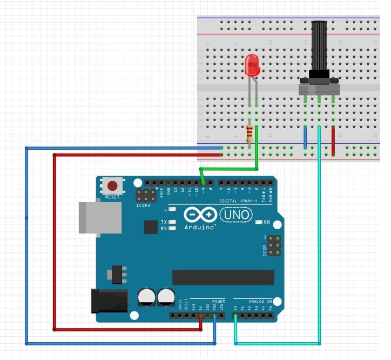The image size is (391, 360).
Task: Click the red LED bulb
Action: pos(252,65)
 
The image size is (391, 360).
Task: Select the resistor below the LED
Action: pos(249,134)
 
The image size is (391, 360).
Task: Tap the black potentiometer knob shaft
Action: pos(320,46)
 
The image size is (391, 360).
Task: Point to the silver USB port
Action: pos(99,218)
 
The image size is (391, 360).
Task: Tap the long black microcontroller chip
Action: pos(223,277)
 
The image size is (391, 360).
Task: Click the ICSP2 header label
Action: pos(143,205)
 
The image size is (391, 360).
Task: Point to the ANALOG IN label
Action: pos(260,301)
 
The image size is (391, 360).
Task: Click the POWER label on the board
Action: pos(218,301)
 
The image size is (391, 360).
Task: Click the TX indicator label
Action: pos(164,222)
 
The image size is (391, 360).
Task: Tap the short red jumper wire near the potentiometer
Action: pos(333,141)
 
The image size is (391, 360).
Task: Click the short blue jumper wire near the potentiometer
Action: pos(306,137)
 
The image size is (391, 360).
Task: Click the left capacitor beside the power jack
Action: pos(146,297)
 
